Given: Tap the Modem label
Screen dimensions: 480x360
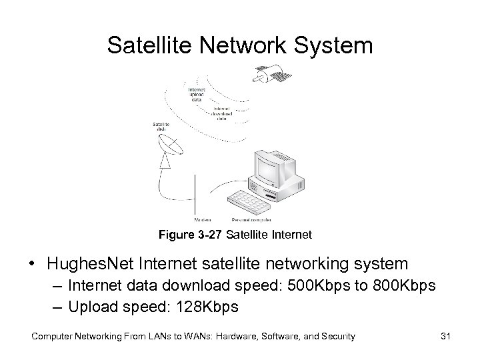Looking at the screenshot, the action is click(202, 219).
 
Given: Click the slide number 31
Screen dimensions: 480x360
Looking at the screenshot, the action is click(445, 337).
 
